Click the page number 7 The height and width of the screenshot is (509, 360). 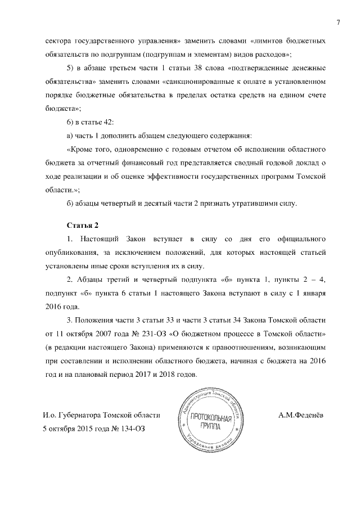click(x=339, y=22)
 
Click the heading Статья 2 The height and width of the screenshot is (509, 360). click(x=83, y=226)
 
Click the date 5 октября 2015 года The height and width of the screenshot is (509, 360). click(x=73, y=428)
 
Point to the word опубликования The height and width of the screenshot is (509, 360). click(x=71, y=253)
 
